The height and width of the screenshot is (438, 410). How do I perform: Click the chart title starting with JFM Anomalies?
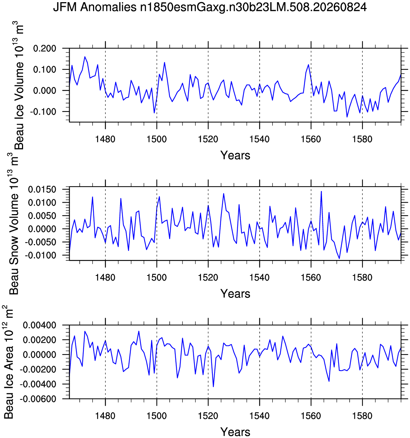(210, 8)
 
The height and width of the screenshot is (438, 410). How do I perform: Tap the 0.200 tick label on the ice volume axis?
(45, 48)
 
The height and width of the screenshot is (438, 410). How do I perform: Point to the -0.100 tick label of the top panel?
(43, 112)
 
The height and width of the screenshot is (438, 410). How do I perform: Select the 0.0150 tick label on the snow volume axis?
(42, 190)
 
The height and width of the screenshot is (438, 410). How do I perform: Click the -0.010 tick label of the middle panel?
(40, 255)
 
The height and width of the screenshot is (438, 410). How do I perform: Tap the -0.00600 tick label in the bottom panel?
(38, 399)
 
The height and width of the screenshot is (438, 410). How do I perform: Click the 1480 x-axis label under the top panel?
(105, 139)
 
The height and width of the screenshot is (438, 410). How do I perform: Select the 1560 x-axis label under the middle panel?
(311, 278)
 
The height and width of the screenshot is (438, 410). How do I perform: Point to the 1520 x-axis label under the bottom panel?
(208, 416)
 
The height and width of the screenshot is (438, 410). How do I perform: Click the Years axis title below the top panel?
(235, 155)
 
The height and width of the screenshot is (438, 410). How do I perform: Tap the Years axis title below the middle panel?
(235, 294)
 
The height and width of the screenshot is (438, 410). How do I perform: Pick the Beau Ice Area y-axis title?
(8, 362)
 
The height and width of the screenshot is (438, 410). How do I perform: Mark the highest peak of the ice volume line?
(85, 57)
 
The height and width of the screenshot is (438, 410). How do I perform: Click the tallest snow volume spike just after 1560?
(321, 191)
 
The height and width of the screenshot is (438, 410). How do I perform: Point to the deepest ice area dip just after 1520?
(213, 386)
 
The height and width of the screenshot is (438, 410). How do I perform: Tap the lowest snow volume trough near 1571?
(339, 258)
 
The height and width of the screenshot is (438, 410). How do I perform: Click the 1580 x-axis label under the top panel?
(362, 139)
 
